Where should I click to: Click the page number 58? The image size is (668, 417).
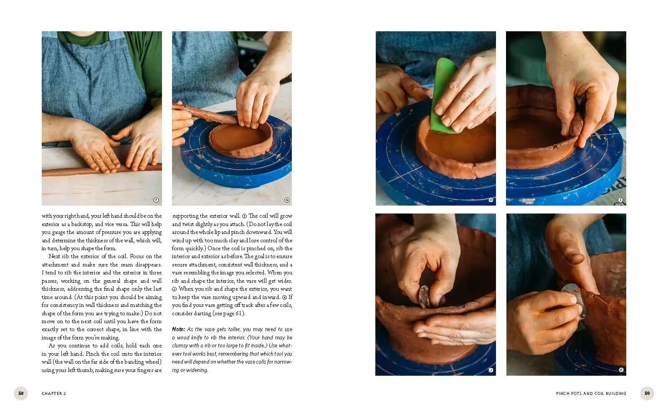21,393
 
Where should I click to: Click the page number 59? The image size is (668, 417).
647,393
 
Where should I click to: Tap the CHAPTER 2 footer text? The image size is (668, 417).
54,394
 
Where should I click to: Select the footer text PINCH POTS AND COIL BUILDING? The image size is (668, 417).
591,394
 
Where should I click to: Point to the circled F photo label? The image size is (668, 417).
156,200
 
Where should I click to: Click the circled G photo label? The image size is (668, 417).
287,200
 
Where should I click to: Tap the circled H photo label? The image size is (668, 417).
491,200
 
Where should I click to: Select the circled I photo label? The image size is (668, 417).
620,200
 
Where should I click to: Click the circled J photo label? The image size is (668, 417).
491,370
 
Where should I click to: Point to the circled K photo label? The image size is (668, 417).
621,369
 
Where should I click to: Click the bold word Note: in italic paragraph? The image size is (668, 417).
178,329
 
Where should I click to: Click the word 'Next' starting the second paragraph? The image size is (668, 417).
54,256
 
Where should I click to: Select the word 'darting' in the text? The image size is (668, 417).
202,313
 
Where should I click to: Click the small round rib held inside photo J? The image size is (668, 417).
423,296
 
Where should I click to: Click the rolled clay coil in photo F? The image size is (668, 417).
101,169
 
